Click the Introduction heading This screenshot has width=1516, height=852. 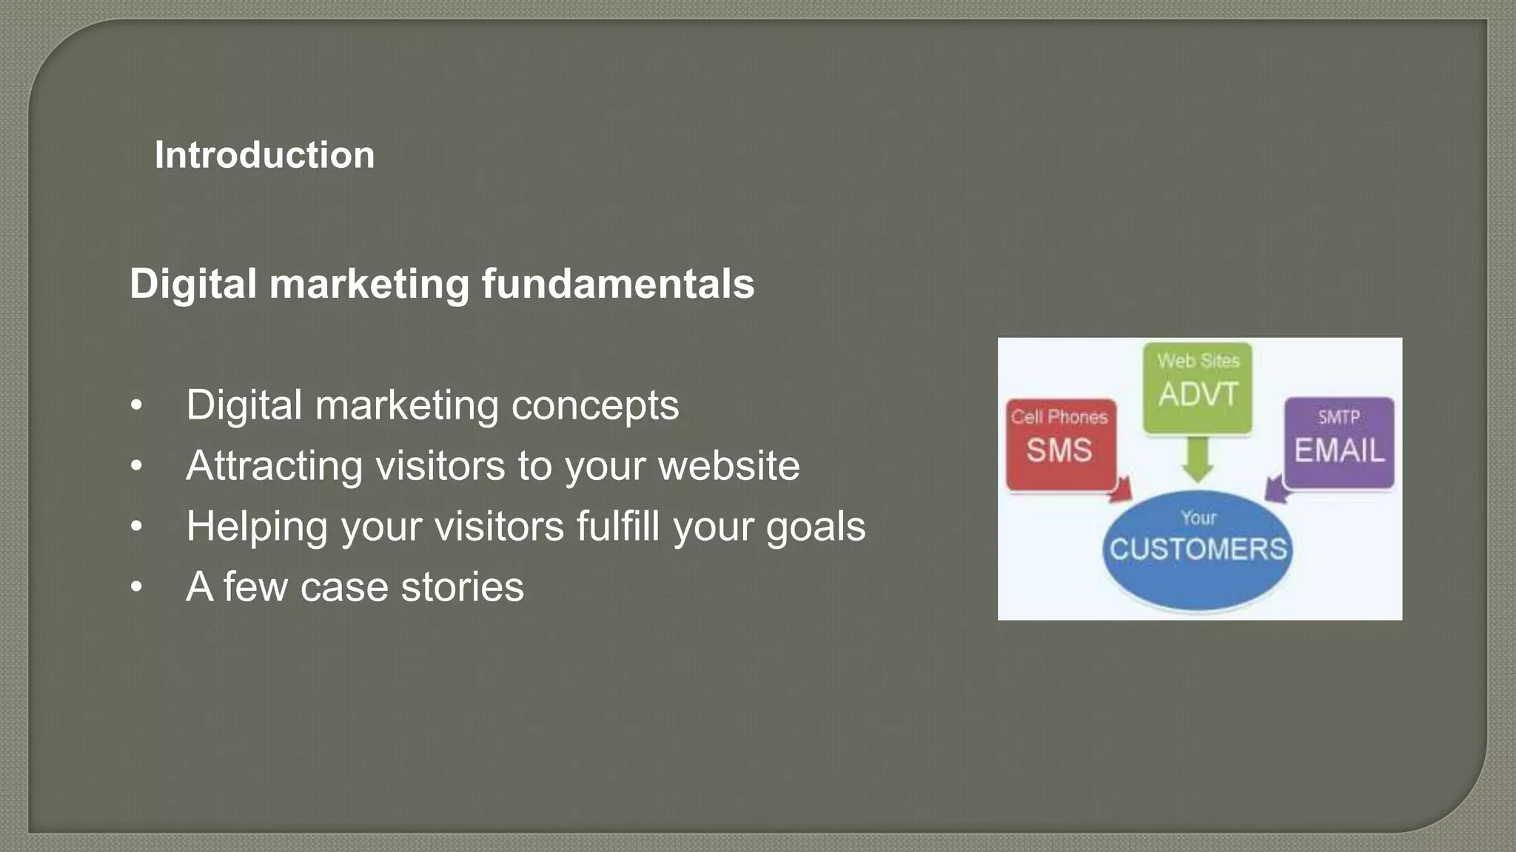(264, 155)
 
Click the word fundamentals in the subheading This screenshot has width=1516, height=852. (618, 284)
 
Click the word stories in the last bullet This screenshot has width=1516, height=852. (462, 587)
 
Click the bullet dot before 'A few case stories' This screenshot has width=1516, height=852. (136, 588)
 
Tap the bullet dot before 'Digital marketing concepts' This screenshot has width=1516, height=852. (136, 406)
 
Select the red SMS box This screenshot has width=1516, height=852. (1060, 445)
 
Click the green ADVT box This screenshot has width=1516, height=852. (1197, 388)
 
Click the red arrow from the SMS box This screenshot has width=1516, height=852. (1122, 490)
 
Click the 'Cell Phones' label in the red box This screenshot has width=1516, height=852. (1059, 417)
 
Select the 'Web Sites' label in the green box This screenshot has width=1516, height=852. (1198, 361)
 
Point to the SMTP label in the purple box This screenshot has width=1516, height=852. (1338, 418)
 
